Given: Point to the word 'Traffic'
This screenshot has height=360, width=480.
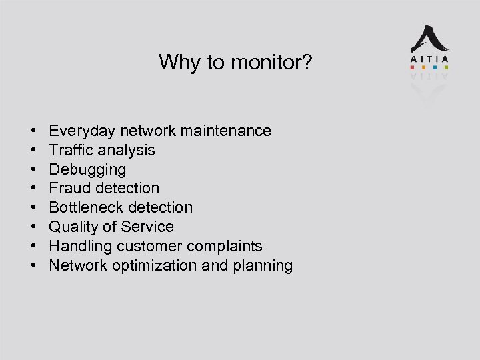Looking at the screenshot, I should (x=69, y=150).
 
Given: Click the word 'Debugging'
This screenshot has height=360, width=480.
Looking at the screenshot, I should (x=87, y=169).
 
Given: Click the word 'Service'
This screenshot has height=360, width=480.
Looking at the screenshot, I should (x=149, y=227).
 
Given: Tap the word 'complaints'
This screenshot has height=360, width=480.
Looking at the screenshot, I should (x=225, y=246).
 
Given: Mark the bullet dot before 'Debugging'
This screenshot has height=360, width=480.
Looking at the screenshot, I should (x=33, y=169).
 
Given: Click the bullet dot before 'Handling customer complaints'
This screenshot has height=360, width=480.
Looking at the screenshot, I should (x=33, y=246).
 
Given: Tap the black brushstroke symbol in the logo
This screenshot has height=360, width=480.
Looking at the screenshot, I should (x=429, y=39).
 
